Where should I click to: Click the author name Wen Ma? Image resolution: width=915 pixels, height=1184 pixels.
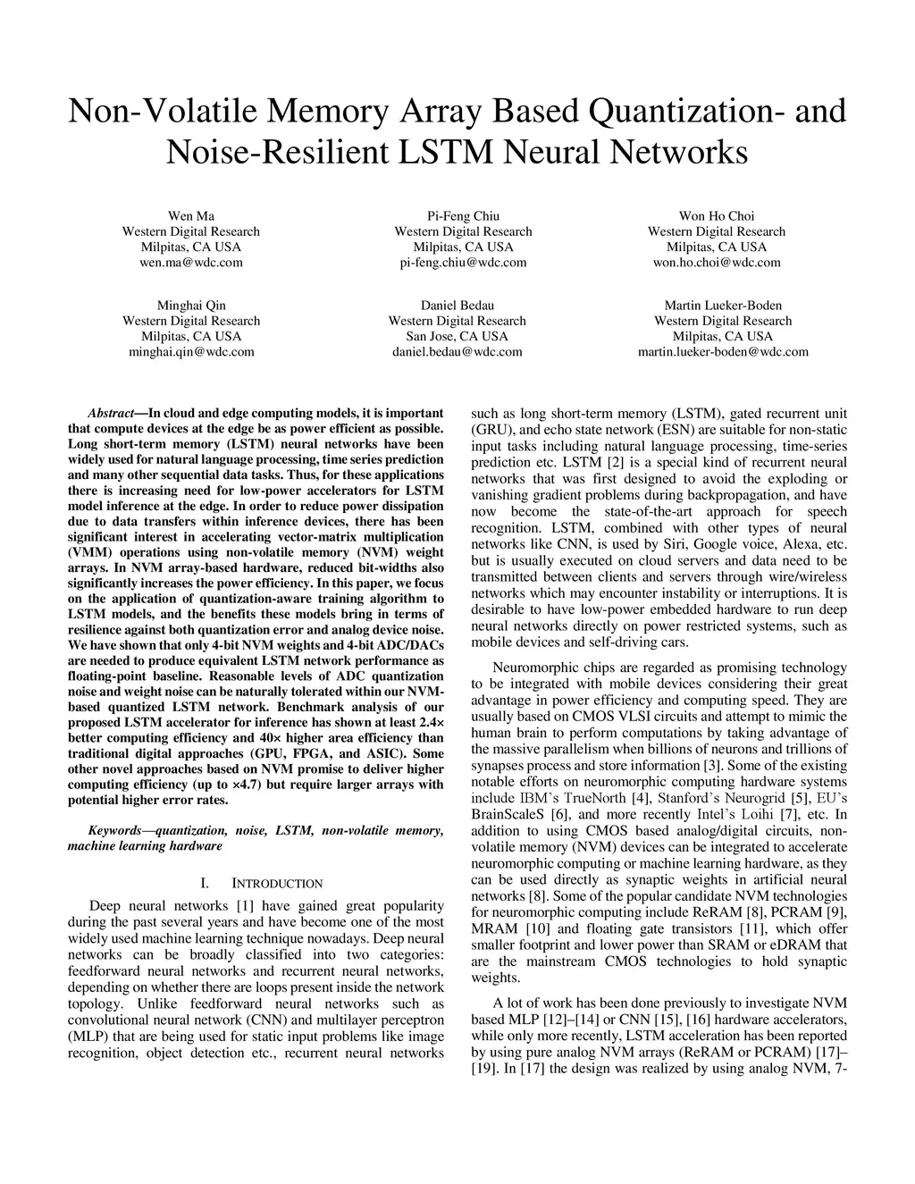point(191,216)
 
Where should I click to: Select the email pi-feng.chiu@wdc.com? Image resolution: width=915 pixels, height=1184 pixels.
point(463,263)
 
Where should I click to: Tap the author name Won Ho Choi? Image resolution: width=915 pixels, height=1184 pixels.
point(717,216)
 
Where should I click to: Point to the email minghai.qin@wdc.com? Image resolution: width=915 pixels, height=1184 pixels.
point(191,352)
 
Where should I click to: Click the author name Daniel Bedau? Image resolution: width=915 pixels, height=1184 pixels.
point(457,306)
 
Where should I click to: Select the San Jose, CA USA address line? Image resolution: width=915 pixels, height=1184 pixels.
point(457,337)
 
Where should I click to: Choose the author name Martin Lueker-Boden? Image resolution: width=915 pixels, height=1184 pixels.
point(723,306)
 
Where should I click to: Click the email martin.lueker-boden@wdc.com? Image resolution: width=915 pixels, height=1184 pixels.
point(723,352)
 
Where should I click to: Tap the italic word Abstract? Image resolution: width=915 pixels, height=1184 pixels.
point(111,414)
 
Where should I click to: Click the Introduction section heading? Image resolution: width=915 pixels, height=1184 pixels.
point(277,884)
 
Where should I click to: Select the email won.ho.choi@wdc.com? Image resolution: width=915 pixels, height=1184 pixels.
point(717,263)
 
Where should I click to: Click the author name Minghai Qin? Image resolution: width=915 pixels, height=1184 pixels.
point(191,306)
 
